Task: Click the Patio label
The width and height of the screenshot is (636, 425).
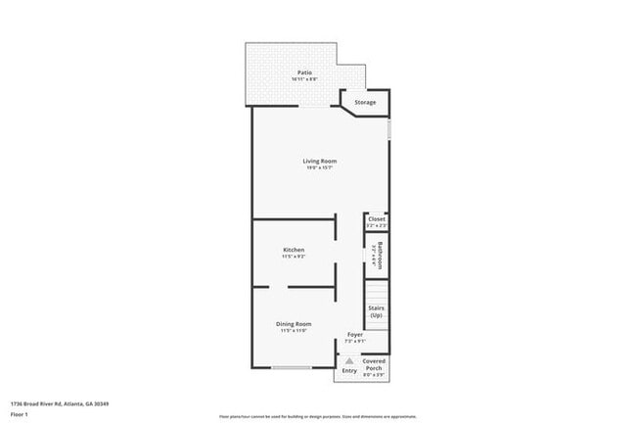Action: pyautogui.click(x=304, y=71)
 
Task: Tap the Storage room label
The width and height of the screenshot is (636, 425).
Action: pyautogui.click(x=365, y=102)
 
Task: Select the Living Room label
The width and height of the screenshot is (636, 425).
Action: pyautogui.click(x=320, y=161)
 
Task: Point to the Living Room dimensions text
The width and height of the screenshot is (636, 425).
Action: pyautogui.click(x=320, y=167)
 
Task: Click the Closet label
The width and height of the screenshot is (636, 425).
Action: pyautogui.click(x=377, y=219)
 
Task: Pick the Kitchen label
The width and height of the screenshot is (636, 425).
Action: pyautogui.click(x=295, y=250)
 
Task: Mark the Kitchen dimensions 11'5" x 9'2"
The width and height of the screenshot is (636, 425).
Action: pyautogui.click(x=295, y=257)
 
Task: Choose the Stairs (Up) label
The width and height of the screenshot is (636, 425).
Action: pyautogui.click(x=377, y=311)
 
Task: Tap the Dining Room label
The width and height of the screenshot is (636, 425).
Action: pyautogui.click(x=294, y=323)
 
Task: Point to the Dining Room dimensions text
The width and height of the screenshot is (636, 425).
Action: pyautogui.click(x=294, y=330)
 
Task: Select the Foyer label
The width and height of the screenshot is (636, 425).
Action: pyautogui.click(x=355, y=335)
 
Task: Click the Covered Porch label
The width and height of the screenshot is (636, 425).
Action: pyautogui.click(x=374, y=364)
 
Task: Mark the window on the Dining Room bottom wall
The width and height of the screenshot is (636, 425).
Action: pyautogui.click(x=292, y=367)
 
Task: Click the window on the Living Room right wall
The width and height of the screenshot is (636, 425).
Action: pyautogui.click(x=388, y=127)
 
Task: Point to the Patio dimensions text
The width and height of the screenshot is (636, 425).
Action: pyautogui.click(x=304, y=78)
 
